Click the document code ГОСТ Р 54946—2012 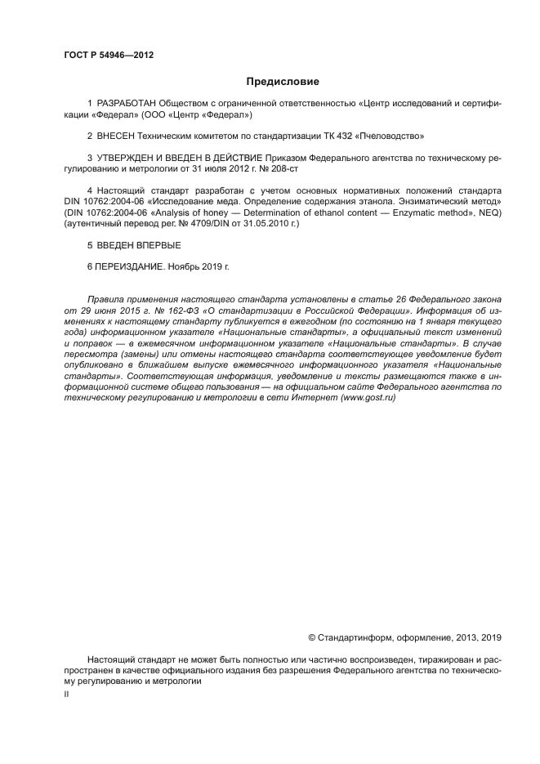[108, 56]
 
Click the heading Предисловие [283, 81]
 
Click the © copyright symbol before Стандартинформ [312, 637]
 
